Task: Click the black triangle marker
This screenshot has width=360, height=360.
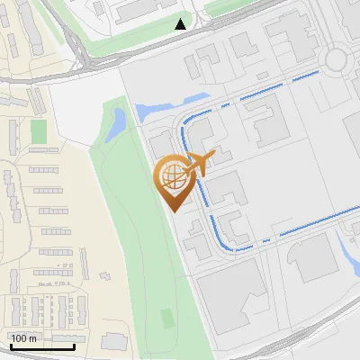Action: coord(181,24)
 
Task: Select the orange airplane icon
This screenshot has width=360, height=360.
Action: coord(198,164)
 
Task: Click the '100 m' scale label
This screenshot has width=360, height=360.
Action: coord(24,338)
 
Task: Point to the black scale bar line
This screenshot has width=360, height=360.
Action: coord(42,346)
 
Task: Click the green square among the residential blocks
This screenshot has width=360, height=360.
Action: coord(38,131)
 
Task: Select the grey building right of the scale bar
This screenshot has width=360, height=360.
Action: coord(114,342)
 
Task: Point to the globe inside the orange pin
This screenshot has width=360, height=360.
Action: coord(173,176)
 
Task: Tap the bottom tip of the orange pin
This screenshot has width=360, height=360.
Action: coord(173,210)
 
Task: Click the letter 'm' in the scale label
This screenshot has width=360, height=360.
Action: coord(32,338)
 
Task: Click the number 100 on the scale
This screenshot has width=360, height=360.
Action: coord(19,338)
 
